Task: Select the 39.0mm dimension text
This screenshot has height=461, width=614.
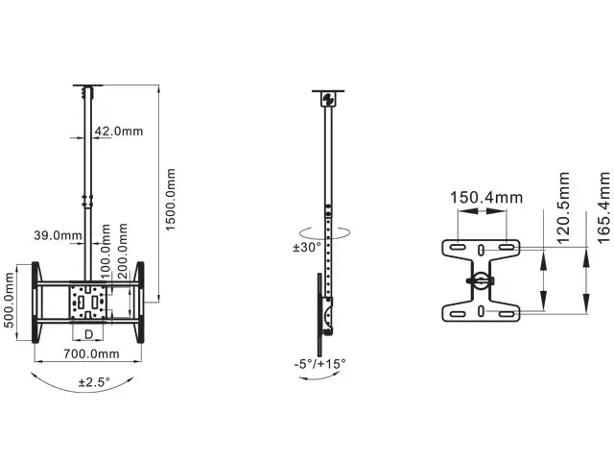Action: (x=57, y=234)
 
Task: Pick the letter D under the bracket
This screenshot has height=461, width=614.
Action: (x=89, y=333)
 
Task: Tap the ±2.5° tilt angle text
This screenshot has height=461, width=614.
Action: (x=93, y=381)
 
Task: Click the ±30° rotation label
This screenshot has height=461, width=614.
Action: (x=306, y=247)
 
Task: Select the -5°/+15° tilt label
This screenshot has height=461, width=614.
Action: (x=320, y=364)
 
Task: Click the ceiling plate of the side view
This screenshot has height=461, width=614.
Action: (x=328, y=99)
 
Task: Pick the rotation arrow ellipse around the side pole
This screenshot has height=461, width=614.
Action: (x=328, y=231)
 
